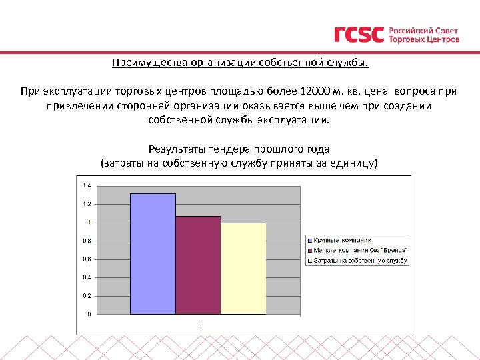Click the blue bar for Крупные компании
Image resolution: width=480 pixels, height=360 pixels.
coord(153,253)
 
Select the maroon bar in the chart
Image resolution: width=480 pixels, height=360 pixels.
coord(198,265)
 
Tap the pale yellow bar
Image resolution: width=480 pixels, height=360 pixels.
coord(243,268)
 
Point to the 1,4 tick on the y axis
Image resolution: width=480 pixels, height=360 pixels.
coord(87,185)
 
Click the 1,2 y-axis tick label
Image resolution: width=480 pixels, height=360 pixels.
coord(87,204)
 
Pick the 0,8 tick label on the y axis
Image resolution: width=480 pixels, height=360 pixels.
coord(87,241)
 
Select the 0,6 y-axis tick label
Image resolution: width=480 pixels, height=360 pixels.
coord(87,259)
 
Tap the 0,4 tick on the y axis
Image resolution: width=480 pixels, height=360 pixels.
coord(87,277)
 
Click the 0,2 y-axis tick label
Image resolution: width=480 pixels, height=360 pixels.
coord(87,295)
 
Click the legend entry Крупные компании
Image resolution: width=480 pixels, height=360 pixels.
coord(343,239)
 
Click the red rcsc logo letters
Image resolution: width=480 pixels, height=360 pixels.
coord(359,35)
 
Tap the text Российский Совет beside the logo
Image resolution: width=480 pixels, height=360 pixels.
coord(423,31)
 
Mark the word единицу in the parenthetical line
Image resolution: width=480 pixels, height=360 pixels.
coord(353,163)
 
